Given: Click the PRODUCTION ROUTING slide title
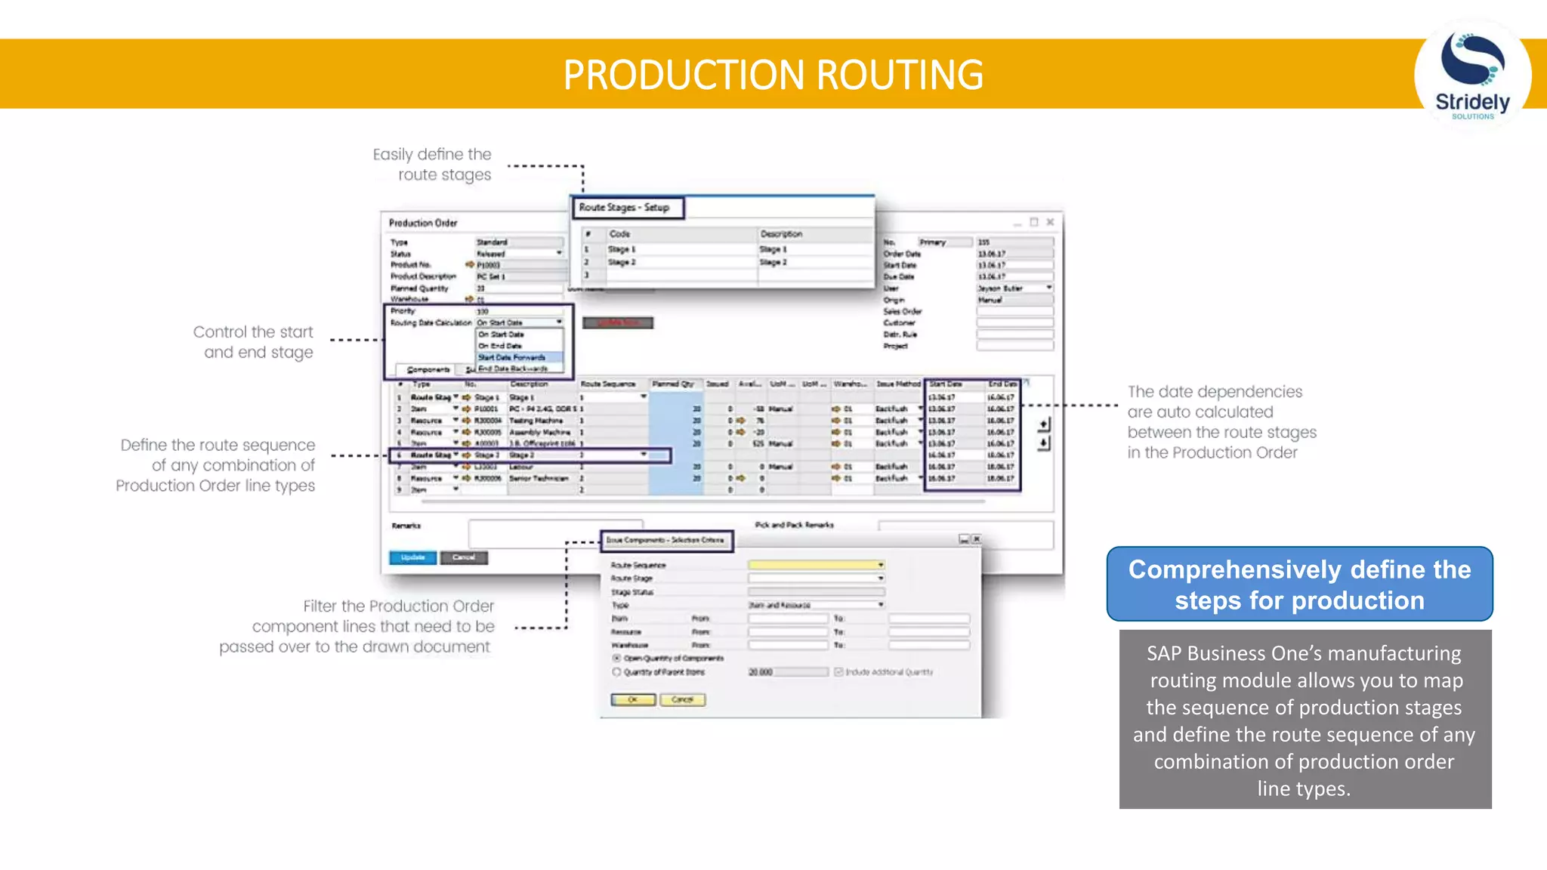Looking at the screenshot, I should tap(773, 75).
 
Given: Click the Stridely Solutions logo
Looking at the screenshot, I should tap(1472, 76).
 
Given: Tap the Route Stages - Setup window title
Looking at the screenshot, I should tap(625, 208).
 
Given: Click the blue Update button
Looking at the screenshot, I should tap(412, 557).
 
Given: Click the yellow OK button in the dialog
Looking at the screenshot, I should tap(633, 700).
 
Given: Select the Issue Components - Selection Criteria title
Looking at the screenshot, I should tap(665, 540).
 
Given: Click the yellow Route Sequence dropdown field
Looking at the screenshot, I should tap(816, 565).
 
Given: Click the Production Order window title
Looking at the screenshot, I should tap(423, 223).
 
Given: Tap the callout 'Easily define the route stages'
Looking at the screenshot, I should tap(432, 165).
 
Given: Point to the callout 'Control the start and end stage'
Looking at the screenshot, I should tap(254, 342).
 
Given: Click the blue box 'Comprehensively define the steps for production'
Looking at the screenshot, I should tap(1299, 585).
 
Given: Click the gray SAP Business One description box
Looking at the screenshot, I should tap(1305, 720).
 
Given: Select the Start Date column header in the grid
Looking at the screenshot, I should tap(945, 384).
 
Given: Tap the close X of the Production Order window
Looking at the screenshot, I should tap(1050, 222).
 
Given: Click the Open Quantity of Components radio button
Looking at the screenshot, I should tap(616, 659).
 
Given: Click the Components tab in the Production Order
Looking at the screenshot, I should tap(428, 369).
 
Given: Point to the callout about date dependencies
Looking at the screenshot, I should tap(1221, 422).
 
